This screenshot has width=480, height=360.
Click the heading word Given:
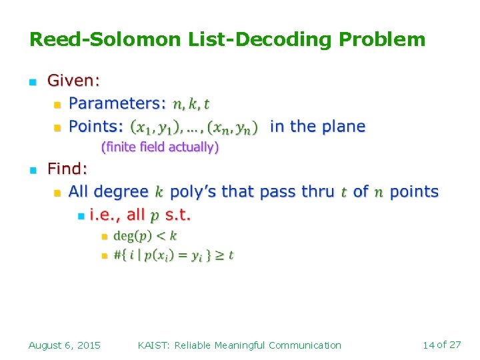click(73, 81)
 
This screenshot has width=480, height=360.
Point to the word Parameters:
click(117, 103)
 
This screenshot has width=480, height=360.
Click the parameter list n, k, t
click(191, 104)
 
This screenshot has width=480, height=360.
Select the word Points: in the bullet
click(96, 127)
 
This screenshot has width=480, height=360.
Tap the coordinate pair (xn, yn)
click(233, 127)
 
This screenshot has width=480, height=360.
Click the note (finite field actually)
click(159, 147)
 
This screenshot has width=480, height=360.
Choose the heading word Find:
click(67, 169)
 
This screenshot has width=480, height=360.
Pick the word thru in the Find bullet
click(318, 192)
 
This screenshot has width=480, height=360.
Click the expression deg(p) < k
click(145, 236)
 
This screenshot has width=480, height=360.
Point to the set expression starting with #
click(173, 255)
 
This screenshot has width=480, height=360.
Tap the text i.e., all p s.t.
click(140, 215)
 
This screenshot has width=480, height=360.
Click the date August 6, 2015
click(65, 345)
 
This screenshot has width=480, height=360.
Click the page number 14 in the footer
click(429, 345)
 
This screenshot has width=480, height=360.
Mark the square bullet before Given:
click(32, 82)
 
